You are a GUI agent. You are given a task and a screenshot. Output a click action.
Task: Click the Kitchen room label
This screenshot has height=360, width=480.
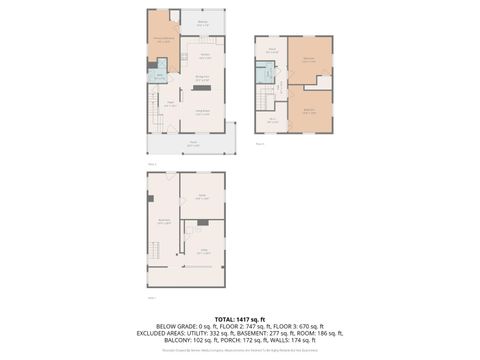point(204,55)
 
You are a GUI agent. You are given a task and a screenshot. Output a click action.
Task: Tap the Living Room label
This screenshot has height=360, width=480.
point(201,113)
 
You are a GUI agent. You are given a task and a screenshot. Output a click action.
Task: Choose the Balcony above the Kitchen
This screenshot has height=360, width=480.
point(202,22)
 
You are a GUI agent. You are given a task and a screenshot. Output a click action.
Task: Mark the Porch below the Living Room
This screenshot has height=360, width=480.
point(192,143)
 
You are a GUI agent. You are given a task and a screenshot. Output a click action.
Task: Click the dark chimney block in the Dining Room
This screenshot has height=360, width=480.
point(208,88)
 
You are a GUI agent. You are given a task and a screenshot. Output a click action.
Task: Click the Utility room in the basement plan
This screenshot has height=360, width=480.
point(203,251)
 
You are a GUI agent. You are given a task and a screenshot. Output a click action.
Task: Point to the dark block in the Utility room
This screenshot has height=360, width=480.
point(203,222)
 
